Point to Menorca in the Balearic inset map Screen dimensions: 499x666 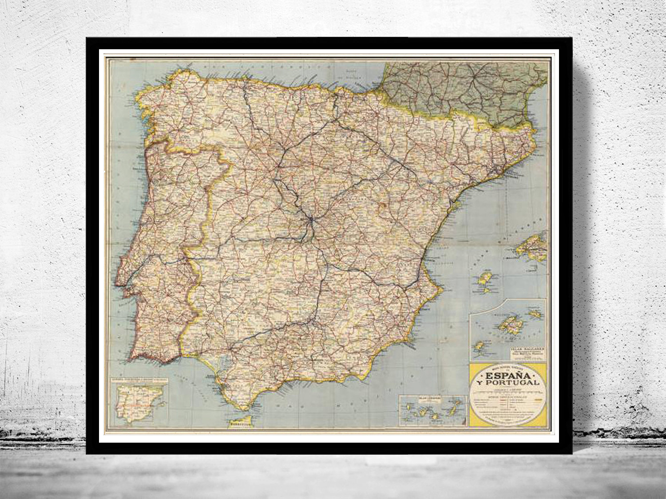pyautogui.click(x=535, y=314)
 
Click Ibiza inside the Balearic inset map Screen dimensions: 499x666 pyautogui.click(x=480, y=346)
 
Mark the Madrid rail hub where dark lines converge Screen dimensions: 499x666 pyautogui.click(x=311, y=219)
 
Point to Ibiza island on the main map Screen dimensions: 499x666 pyautogui.click(x=484, y=280)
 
